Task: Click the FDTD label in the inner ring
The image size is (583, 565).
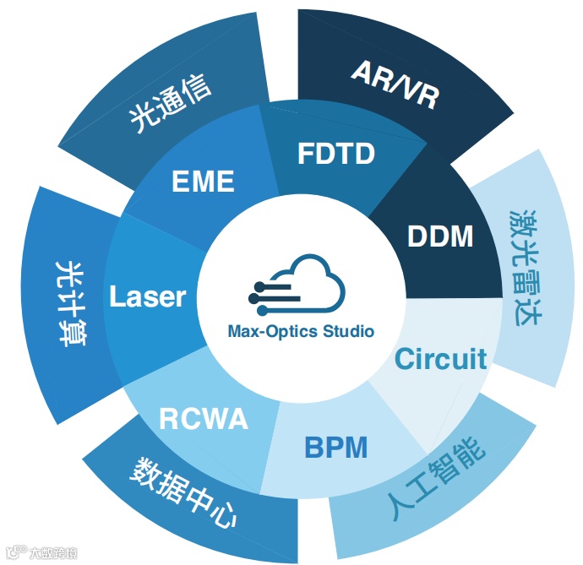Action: (335, 155)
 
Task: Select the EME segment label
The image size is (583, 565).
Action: (202, 181)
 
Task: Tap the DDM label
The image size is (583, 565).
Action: (440, 236)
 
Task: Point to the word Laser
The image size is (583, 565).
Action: (148, 296)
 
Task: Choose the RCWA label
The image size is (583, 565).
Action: (204, 418)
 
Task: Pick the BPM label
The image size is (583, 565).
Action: (335, 447)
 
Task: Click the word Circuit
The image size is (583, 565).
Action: (441, 359)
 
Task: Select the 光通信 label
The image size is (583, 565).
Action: (170, 105)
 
